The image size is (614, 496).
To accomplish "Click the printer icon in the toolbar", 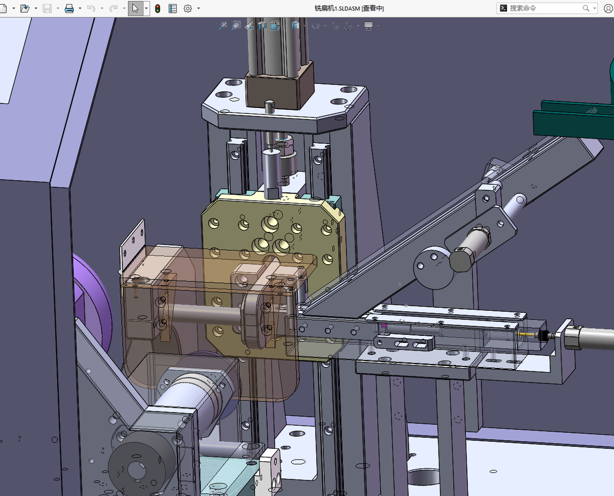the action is coord(69,9).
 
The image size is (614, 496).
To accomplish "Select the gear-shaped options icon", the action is coord(188,9).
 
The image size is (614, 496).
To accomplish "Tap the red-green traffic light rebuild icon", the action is coord(158,9).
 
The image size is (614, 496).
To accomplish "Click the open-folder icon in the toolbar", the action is coord(25,8).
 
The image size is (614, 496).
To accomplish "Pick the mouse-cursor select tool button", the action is coord(136,8).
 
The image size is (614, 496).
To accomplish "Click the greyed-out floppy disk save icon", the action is coord(47,9).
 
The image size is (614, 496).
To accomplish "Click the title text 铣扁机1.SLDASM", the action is coord(337,8).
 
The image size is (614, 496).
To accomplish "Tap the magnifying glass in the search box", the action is coord(585,8).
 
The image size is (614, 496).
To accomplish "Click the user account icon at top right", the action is coord(608,9).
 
